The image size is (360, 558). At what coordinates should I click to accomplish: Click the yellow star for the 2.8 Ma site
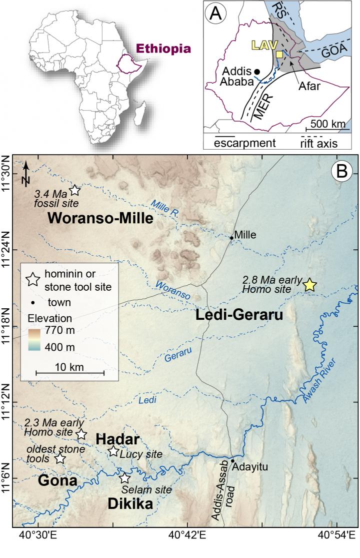(x=310, y=285)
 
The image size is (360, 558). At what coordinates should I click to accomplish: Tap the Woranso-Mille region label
(x=100, y=218)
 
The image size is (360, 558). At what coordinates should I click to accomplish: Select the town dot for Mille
(x=231, y=237)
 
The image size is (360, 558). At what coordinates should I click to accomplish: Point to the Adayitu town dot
(x=232, y=460)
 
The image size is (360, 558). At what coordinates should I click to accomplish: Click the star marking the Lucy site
(x=113, y=451)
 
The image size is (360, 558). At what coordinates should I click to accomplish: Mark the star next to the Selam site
(x=124, y=478)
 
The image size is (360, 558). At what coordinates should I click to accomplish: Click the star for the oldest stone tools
(x=59, y=458)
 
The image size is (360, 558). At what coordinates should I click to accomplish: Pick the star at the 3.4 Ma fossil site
(x=74, y=190)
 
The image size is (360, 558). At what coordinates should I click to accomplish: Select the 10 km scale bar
(x=70, y=372)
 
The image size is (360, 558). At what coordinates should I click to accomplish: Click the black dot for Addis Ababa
(x=257, y=72)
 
